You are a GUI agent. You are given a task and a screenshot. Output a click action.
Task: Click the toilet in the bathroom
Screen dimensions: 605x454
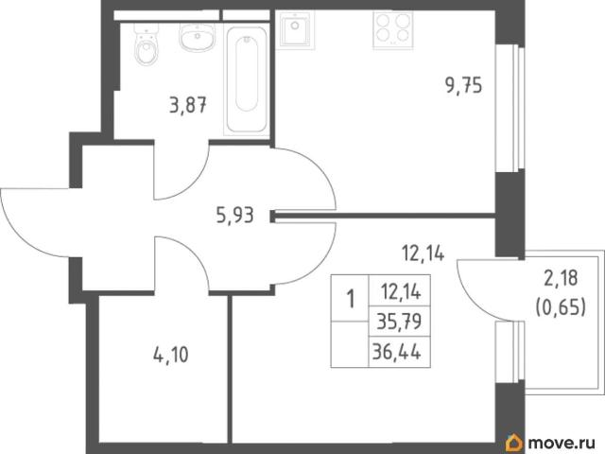(147, 44)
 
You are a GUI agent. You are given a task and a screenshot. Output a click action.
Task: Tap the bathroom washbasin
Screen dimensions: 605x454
(197, 36)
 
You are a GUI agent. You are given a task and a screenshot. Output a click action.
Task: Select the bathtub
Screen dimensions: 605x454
(247, 80)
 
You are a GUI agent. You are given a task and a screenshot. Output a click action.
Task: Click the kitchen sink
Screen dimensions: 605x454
(295, 29)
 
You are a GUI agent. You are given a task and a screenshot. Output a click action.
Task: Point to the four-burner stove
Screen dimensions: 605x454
(393, 29)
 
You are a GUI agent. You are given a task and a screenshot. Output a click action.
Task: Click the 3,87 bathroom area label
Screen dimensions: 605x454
(188, 105)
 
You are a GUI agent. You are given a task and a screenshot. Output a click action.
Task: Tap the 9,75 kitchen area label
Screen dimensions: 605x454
(464, 85)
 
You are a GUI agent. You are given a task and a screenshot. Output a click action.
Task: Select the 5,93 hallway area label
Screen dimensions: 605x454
(235, 215)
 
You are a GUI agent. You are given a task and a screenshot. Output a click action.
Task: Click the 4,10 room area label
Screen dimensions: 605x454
(171, 356)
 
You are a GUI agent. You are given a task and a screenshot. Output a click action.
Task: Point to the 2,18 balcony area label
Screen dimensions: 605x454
(561, 278)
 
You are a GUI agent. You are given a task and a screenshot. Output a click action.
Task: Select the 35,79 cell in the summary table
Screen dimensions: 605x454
(399, 322)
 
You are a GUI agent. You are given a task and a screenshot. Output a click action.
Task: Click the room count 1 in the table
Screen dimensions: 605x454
(351, 299)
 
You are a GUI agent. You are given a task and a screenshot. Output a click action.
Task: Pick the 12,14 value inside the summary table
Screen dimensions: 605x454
(401, 291)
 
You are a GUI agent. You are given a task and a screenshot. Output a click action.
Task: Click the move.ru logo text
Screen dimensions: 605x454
(562, 443)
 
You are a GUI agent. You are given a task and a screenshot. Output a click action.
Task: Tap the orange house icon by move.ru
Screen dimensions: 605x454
(514, 443)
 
